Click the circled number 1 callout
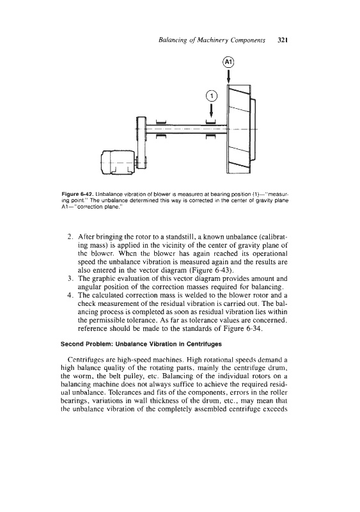pyautogui.click(x=212, y=96)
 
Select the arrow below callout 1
pyautogui.click(x=212, y=110)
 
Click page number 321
pyautogui.click(x=282, y=40)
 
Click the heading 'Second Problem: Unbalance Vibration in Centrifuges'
pyautogui.click(x=141, y=344)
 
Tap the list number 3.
pyautogui.click(x=70, y=279)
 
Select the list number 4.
pyautogui.click(x=70, y=296)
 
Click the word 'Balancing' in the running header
pyautogui.click(x=171, y=41)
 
